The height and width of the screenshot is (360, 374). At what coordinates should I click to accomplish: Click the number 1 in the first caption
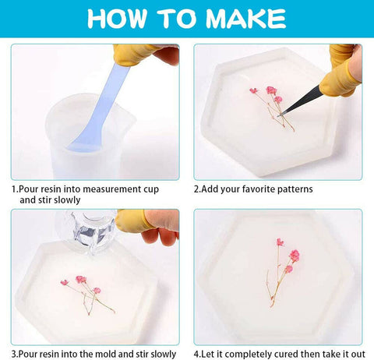tap(14, 189)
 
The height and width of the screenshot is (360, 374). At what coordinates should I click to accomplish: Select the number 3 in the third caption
tap(14, 353)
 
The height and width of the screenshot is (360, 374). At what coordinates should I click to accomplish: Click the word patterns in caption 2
tap(292, 189)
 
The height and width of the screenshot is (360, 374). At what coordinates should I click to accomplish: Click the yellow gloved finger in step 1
tap(133, 54)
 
